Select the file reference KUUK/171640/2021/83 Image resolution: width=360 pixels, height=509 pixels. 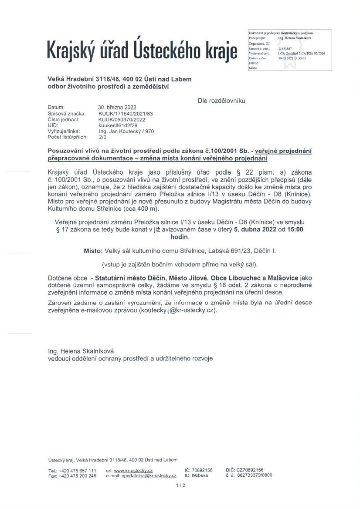(124, 113)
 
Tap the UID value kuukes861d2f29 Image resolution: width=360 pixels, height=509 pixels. (117, 125)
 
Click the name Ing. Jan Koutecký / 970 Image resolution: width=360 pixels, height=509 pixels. (126, 131)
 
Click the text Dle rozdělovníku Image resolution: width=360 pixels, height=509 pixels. (221, 101)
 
